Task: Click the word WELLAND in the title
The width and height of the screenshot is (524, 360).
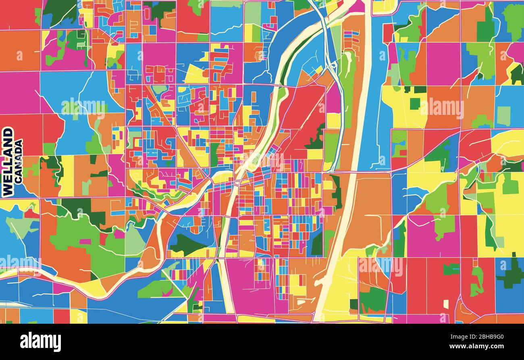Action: pos(7,162)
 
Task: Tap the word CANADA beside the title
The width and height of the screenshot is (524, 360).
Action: pos(19,162)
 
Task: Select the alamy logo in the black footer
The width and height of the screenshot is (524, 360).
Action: pos(40,341)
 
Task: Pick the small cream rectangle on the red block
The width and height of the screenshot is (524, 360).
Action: pos(445,304)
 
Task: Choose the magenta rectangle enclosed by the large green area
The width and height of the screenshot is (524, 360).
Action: pos(85,242)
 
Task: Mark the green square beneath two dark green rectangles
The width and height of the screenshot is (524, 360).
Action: pos(415,104)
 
